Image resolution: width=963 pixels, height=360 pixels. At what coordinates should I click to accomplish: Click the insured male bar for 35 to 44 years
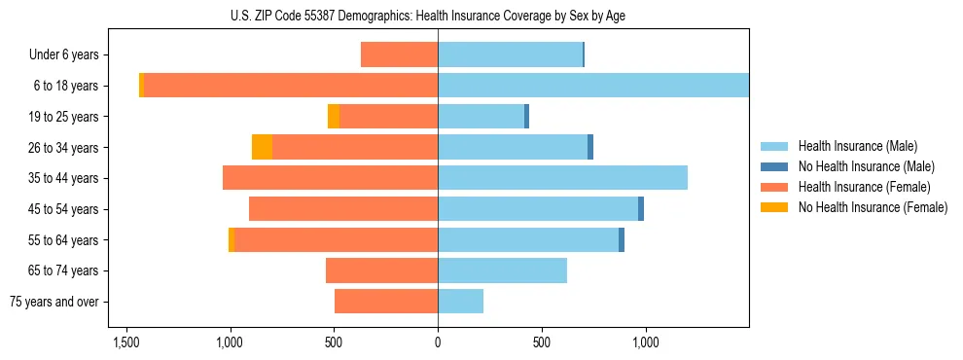click(562, 178)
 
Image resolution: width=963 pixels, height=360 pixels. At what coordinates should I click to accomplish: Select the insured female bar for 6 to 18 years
click(290, 86)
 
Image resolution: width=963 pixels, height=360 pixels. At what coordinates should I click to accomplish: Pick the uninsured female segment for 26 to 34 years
click(262, 147)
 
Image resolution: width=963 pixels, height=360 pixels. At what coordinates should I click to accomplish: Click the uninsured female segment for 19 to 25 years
click(334, 117)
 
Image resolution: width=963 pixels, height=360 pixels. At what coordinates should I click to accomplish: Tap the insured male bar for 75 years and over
click(460, 302)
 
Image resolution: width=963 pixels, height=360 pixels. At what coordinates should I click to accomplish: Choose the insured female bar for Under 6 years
click(399, 55)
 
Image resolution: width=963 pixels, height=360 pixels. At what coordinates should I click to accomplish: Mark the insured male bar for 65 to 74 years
click(502, 270)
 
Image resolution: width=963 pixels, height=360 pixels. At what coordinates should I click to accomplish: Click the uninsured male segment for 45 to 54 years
click(641, 209)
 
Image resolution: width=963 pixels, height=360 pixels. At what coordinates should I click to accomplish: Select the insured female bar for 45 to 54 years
click(343, 209)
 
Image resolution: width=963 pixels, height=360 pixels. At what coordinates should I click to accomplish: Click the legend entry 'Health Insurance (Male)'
click(857, 146)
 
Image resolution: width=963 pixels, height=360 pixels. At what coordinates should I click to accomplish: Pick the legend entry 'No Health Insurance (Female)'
click(873, 207)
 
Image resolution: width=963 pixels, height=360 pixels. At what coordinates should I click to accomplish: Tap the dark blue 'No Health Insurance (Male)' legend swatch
click(775, 166)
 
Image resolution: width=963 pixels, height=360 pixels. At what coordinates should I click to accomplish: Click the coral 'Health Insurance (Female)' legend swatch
click(775, 187)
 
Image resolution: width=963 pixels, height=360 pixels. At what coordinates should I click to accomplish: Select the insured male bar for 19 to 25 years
click(481, 117)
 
